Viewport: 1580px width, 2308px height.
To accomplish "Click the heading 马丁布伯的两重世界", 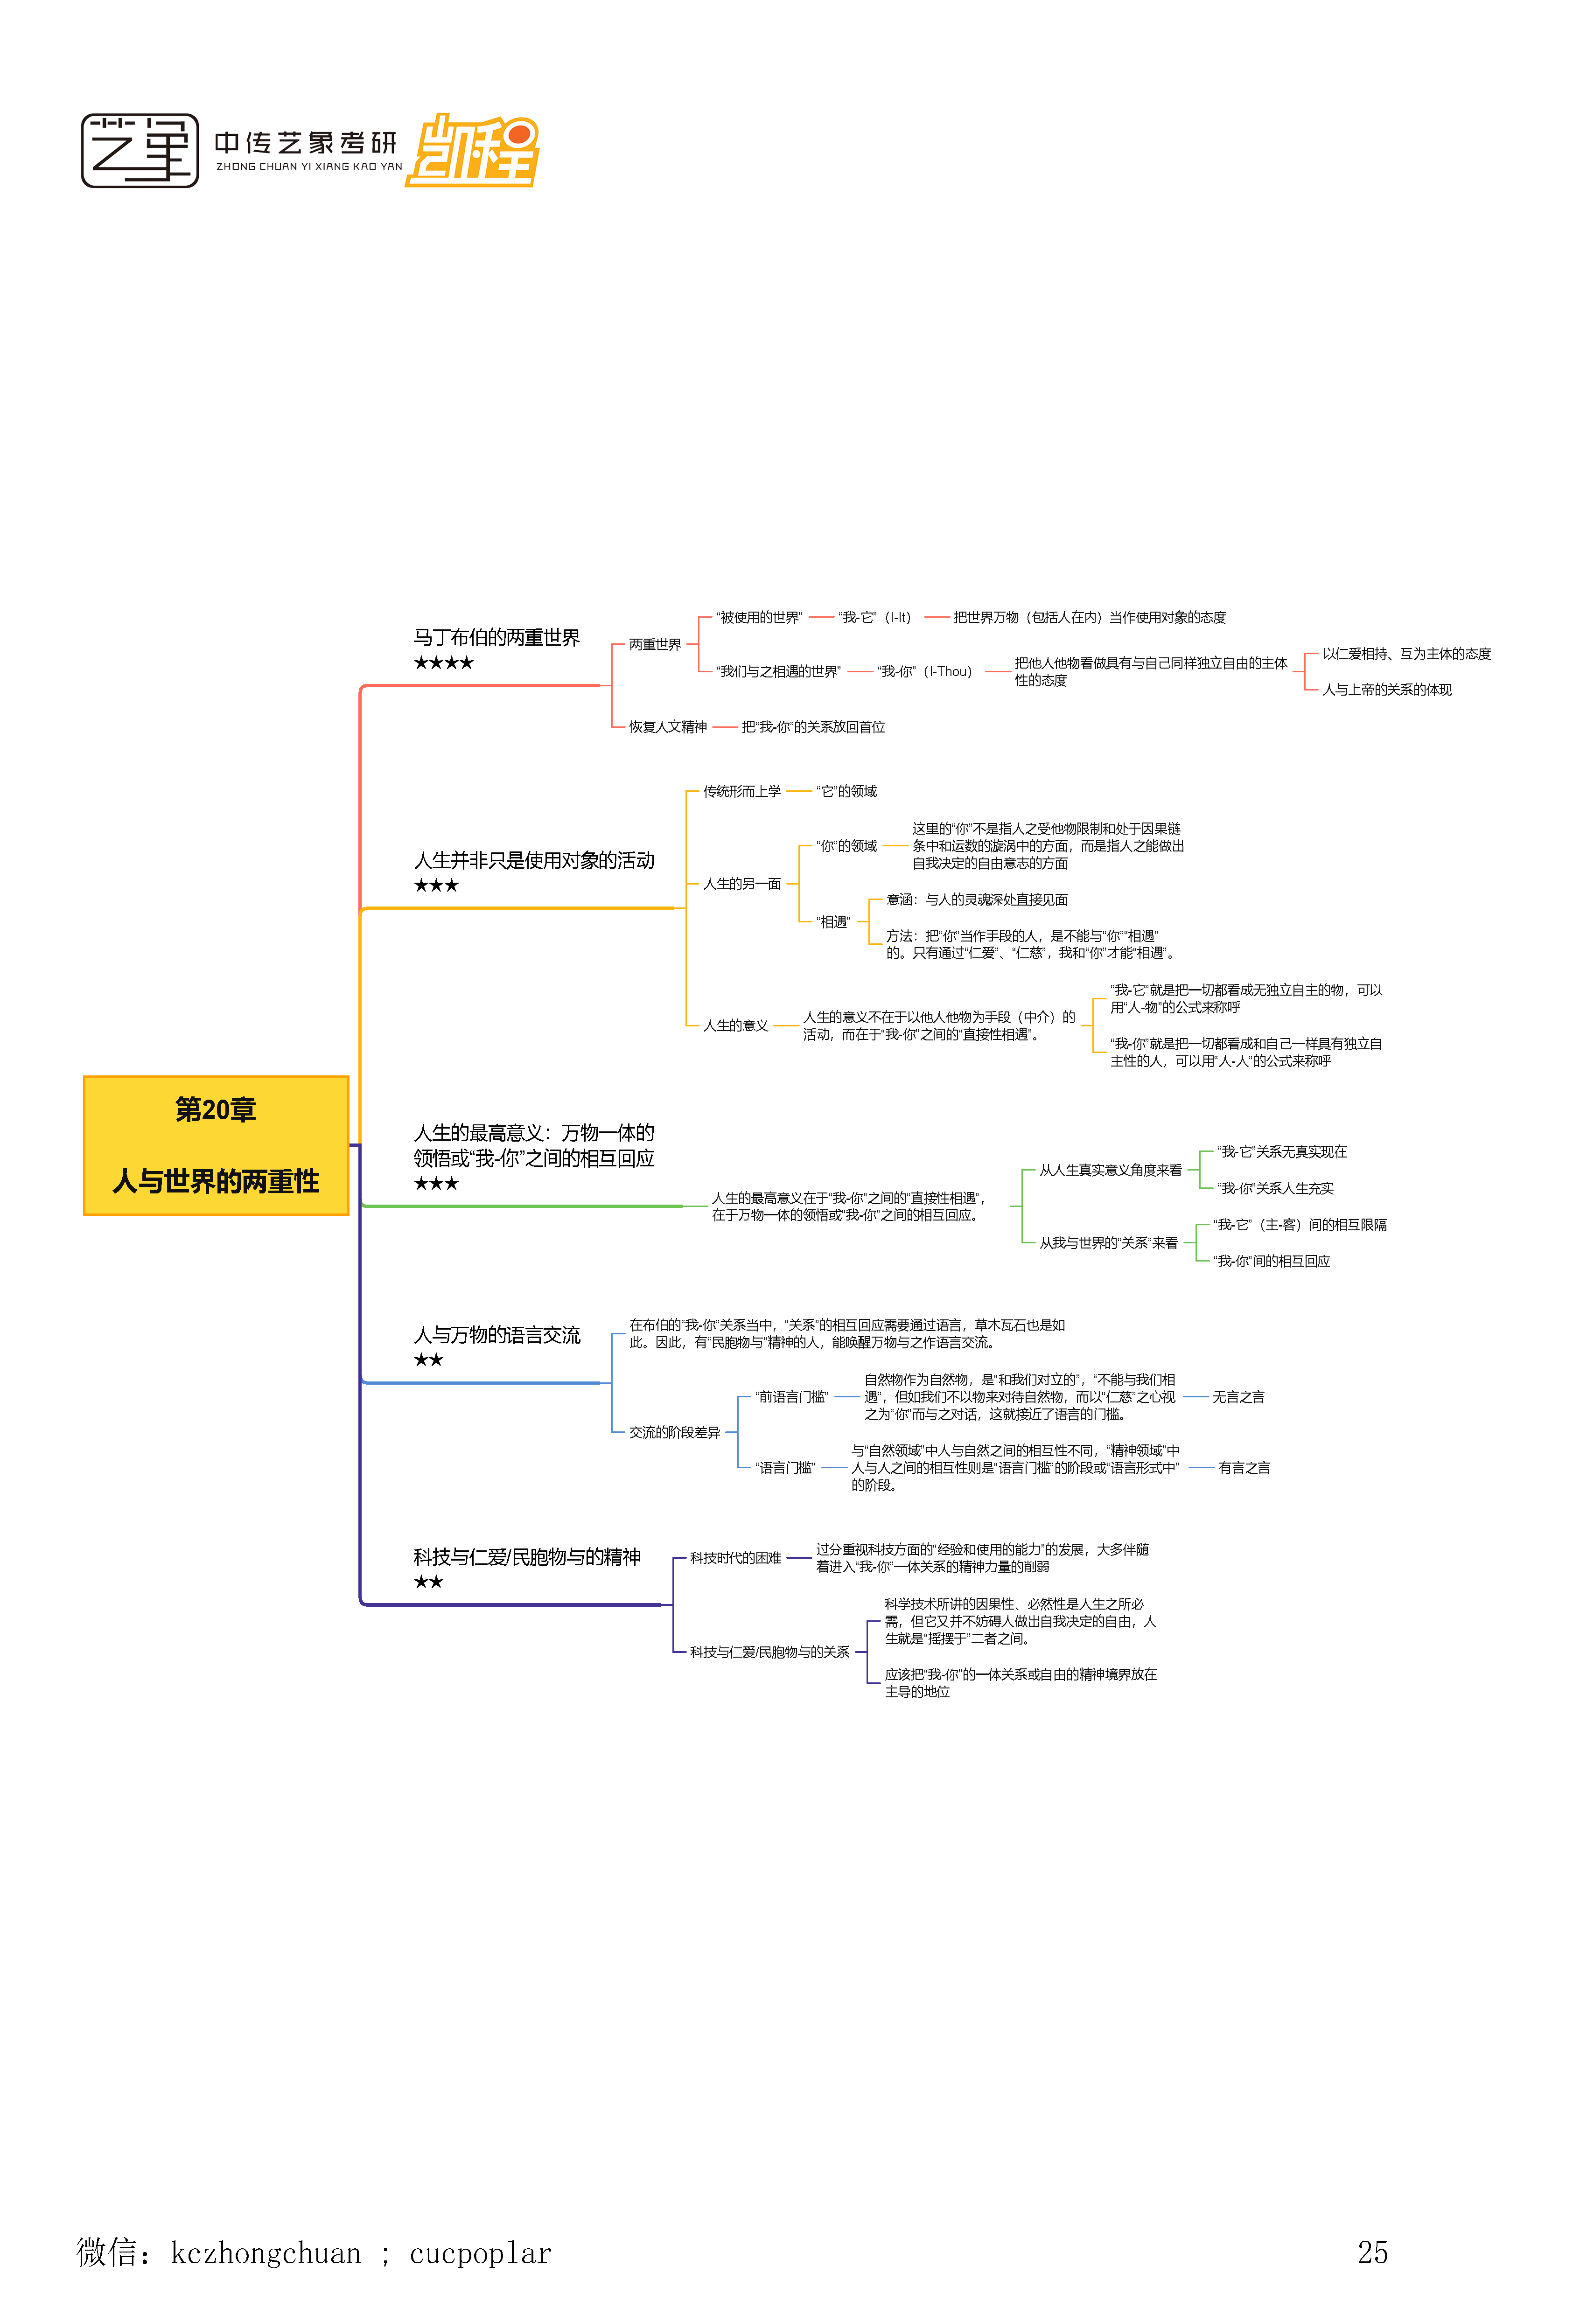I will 496,638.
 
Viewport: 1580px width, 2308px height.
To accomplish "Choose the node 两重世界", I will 654,644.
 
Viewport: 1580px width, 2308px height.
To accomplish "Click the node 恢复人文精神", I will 667,727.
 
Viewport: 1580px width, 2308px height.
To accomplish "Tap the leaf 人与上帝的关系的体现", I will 1386,689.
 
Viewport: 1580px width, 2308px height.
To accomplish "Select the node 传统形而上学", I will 742,792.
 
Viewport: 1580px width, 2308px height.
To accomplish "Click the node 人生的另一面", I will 742,884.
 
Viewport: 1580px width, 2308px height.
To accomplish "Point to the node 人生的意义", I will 736,1026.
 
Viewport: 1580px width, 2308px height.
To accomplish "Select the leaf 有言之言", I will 1244,1468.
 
